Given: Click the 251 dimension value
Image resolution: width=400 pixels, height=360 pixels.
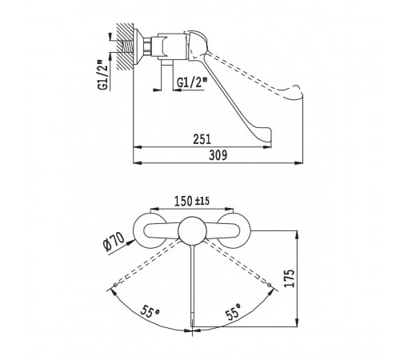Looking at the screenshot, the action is click(x=202, y=139).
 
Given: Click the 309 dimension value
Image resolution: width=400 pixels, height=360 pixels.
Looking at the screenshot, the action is click(x=218, y=155).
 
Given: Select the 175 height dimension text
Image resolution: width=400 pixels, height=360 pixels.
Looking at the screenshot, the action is click(x=290, y=278).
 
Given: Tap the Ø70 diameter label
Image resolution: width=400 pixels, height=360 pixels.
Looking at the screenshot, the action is click(x=114, y=242).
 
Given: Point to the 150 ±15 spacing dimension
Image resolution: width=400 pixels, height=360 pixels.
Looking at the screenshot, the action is click(x=192, y=201).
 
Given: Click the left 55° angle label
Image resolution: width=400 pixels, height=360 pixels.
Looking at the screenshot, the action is click(x=150, y=311).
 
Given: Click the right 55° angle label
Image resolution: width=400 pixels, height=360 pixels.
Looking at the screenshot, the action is click(x=234, y=311).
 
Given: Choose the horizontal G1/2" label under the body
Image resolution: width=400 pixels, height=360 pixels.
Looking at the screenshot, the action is click(x=192, y=82).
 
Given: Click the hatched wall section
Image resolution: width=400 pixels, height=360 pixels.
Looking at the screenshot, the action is click(x=125, y=46).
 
